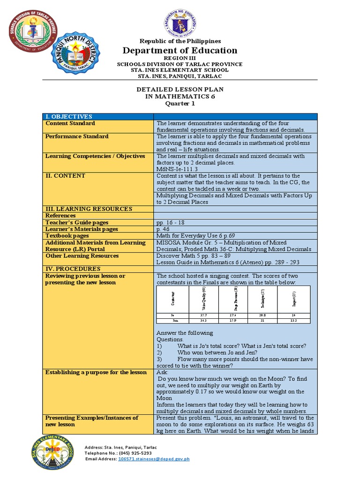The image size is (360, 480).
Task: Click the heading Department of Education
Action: [x=180, y=51]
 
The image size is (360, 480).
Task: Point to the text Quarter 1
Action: [x=180, y=104]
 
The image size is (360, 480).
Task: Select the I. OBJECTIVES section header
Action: [x=68, y=116]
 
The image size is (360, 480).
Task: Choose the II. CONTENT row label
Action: [x=65, y=176]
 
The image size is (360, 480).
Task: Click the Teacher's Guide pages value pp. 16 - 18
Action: [x=171, y=223]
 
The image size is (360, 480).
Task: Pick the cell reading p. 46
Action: [x=163, y=229]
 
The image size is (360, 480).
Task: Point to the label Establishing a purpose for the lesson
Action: [x=96, y=372]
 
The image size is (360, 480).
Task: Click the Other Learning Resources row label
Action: [x=82, y=256]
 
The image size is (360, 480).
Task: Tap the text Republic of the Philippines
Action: [x=180, y=41]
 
